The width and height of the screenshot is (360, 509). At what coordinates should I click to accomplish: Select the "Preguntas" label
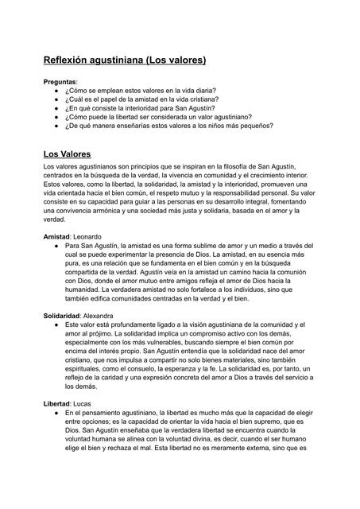pos(60,82)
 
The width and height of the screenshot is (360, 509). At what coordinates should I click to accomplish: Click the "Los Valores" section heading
pos(67,153)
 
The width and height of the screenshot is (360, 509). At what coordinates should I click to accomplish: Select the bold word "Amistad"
pos(56,238)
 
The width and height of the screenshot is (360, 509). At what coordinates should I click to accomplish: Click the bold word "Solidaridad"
pos(62,317)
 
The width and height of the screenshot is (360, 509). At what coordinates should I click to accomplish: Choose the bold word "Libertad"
pos(58,405)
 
